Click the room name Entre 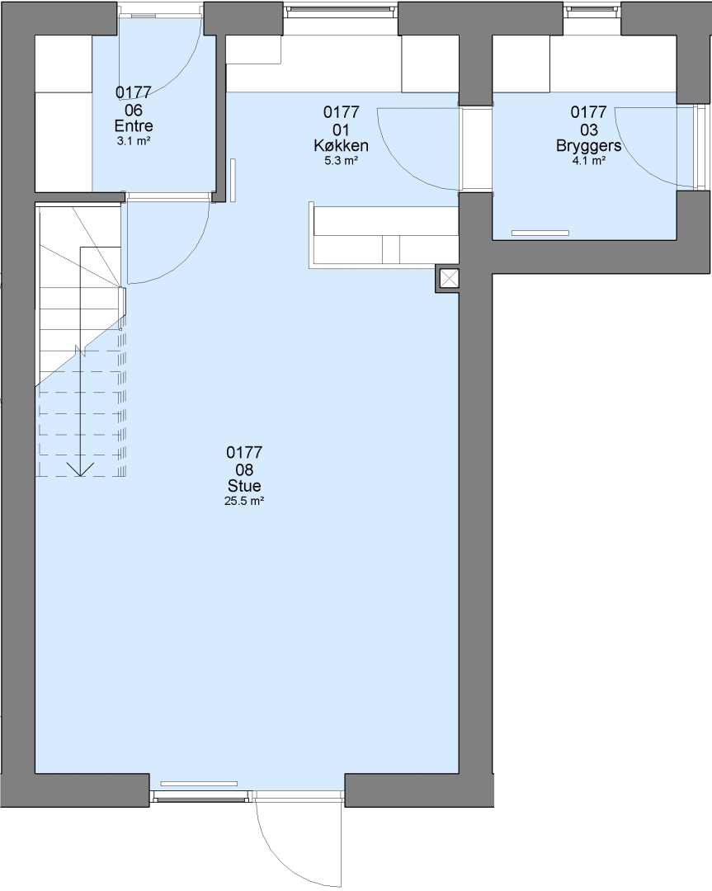(134, 125)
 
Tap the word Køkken (341, 145)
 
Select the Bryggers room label (589, 146)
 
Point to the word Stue (244, 486)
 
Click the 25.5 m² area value (244, 502)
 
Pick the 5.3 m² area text (341, 161)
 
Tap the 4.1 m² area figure (589, 161)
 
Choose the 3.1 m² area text (134, 141)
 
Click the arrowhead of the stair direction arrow (81, 469)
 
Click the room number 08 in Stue (244, 470)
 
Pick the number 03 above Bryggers (589, 130)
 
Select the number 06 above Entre (134, 110)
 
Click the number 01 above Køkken (341, 130)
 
